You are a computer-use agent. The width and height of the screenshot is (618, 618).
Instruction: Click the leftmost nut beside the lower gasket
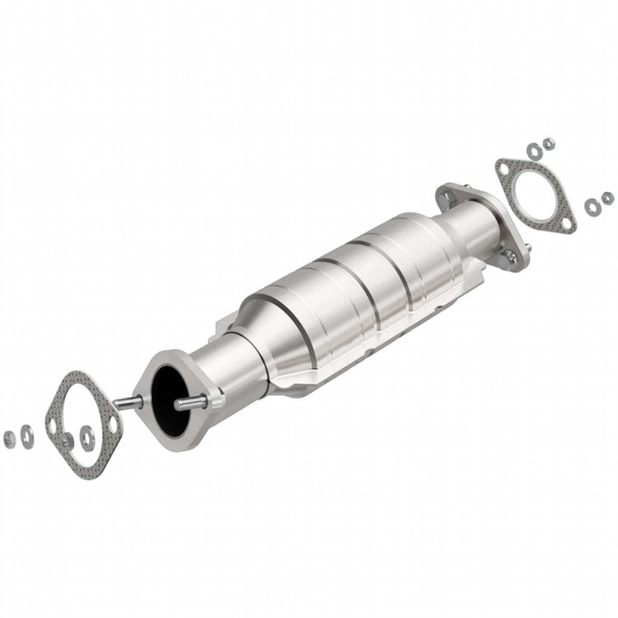coord(8,436)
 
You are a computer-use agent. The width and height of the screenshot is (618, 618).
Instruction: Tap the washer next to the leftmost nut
coord(27,433)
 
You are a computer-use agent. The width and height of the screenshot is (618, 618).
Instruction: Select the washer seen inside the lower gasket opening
coord(88,433)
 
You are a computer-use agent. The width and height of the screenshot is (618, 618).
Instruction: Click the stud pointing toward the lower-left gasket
coord(129,402)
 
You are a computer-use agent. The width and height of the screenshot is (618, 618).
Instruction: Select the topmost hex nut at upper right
coord(549,144)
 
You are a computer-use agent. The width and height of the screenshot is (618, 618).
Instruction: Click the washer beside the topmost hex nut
coord(534,149)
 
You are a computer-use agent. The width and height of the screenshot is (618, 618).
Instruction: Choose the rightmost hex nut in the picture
coord(607,197)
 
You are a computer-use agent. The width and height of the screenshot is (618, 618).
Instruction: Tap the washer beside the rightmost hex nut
coord(591,206)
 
